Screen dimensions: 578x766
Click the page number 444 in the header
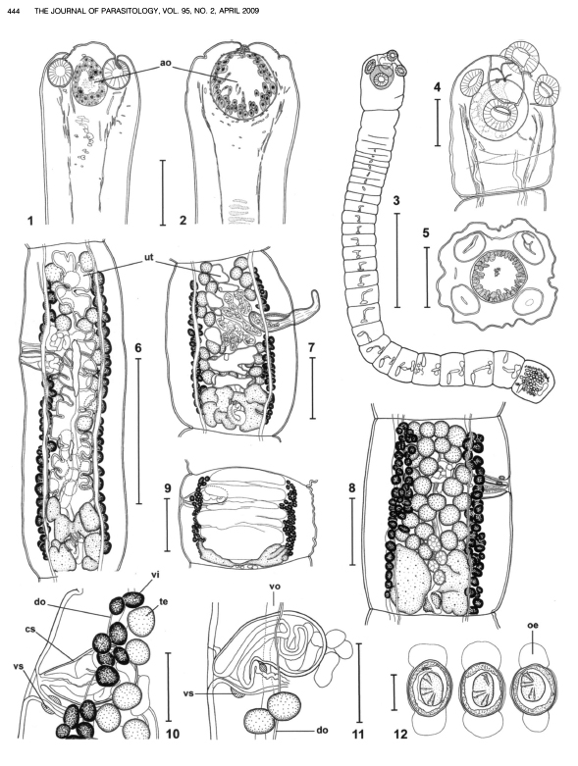pos(13,11)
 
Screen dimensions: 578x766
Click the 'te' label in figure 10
pos(163,602)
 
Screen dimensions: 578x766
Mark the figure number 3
pos(396,200)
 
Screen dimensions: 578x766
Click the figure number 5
pos(426,233)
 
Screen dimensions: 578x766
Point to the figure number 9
pos(168,487)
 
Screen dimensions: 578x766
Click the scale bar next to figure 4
pos(438,123)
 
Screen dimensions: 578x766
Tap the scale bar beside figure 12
pos(394,692)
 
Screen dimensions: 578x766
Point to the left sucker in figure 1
pos(62,74)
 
